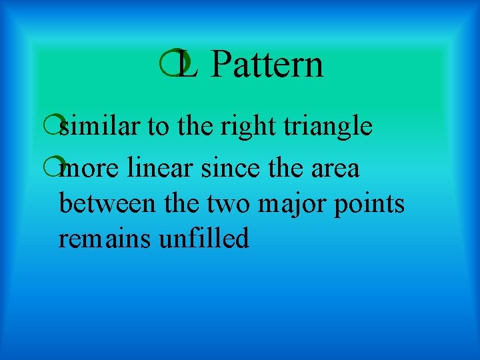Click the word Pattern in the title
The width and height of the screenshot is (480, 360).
tap(269, 65)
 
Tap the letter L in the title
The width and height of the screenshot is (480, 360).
tap(189, 65)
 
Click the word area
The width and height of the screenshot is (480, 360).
tap(336, 169)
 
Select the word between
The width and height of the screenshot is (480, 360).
tap(107, 203)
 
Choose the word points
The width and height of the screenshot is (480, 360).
tap(372, 204)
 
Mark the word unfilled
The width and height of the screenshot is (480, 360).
tap(204, 237)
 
